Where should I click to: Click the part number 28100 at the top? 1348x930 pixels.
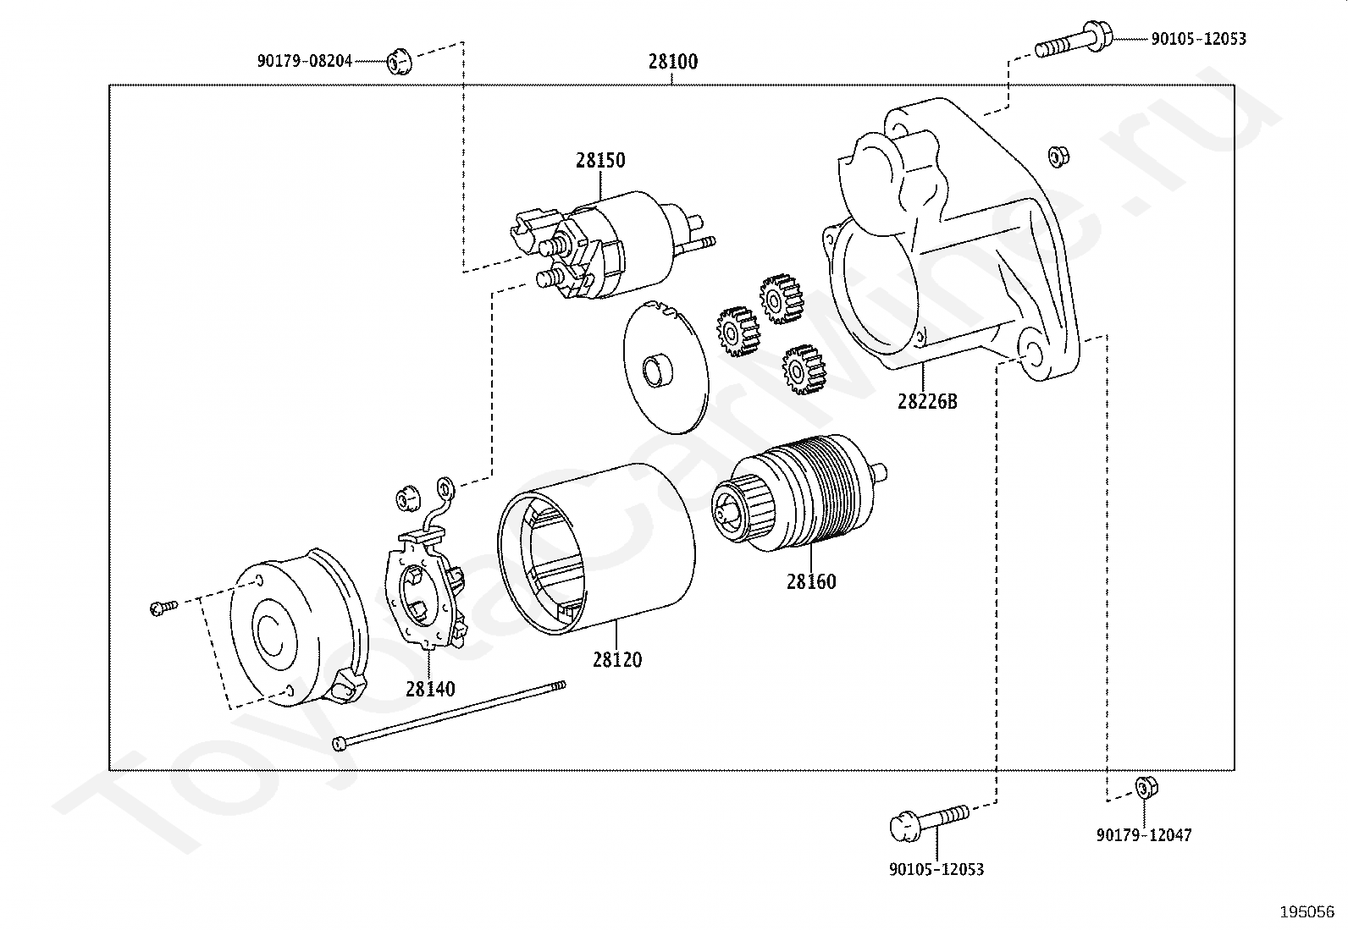click(673, 62)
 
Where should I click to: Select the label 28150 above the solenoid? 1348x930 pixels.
click(600, 160)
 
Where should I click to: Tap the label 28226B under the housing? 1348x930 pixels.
click(926, 401)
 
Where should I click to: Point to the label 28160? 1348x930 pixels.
click(811, 581)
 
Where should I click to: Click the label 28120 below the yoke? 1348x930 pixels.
click(616, 660)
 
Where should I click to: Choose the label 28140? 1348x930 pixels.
click(429, 689)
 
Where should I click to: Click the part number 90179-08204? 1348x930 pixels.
click(305, 61)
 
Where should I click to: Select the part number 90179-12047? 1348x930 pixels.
click(1143, 835)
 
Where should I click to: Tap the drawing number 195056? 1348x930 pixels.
click(1307, 912)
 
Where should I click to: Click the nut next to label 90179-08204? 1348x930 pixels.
click(399, 61)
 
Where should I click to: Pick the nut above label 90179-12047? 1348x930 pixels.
click(1146, 788)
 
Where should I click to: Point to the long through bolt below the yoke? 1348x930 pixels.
click(449, 716)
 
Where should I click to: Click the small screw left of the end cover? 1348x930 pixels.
click(163, 608)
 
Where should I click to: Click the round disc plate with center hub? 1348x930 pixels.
click(666, 366)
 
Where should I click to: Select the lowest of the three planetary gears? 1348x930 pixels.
click(804, 369)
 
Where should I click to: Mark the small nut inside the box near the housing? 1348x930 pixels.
click(1058, 157)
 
